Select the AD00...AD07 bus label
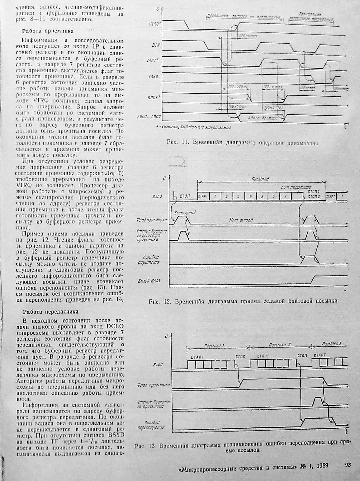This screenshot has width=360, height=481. pos(149,117)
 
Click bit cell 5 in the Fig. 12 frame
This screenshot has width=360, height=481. pos(262,196)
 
